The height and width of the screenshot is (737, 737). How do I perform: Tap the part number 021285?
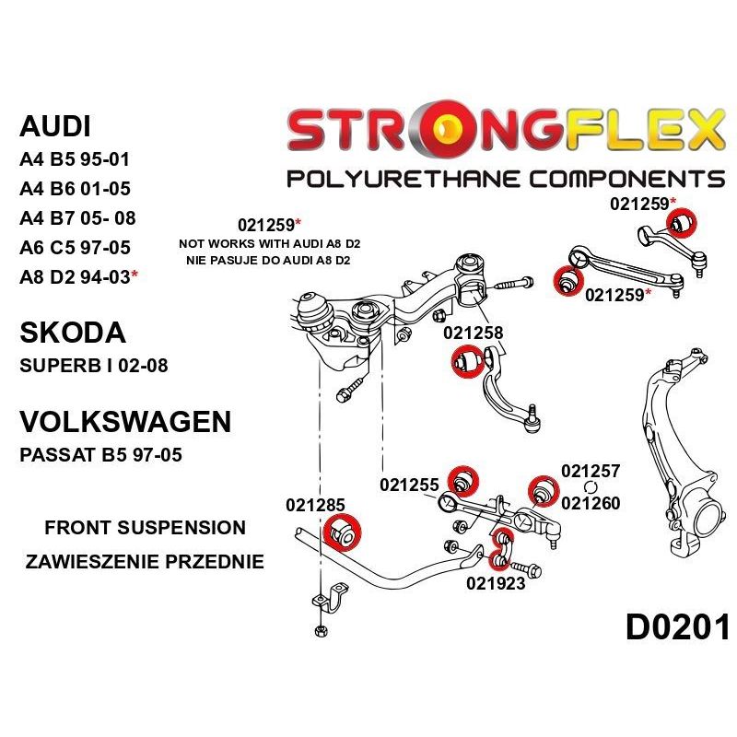[315, 505]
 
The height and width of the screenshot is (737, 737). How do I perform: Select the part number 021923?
[496, 582]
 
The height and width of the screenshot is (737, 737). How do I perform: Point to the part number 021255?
[409, 485]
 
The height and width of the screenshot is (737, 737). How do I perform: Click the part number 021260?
[591, 503]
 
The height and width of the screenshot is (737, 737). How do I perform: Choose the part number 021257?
[591, 471]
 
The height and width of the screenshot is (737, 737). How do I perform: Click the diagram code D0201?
[677, 628]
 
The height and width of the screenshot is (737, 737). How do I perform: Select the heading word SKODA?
[72, 333]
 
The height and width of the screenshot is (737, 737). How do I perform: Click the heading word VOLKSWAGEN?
[125, 422]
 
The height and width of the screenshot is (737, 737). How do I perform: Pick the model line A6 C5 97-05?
[75, 247]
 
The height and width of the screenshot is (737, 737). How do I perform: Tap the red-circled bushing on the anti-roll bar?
[345, 532]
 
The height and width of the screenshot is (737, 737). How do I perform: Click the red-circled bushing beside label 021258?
[466, 362]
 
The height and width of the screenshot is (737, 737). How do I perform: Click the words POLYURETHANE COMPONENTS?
[505, 178]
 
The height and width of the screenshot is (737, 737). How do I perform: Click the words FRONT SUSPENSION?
[145, 528]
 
